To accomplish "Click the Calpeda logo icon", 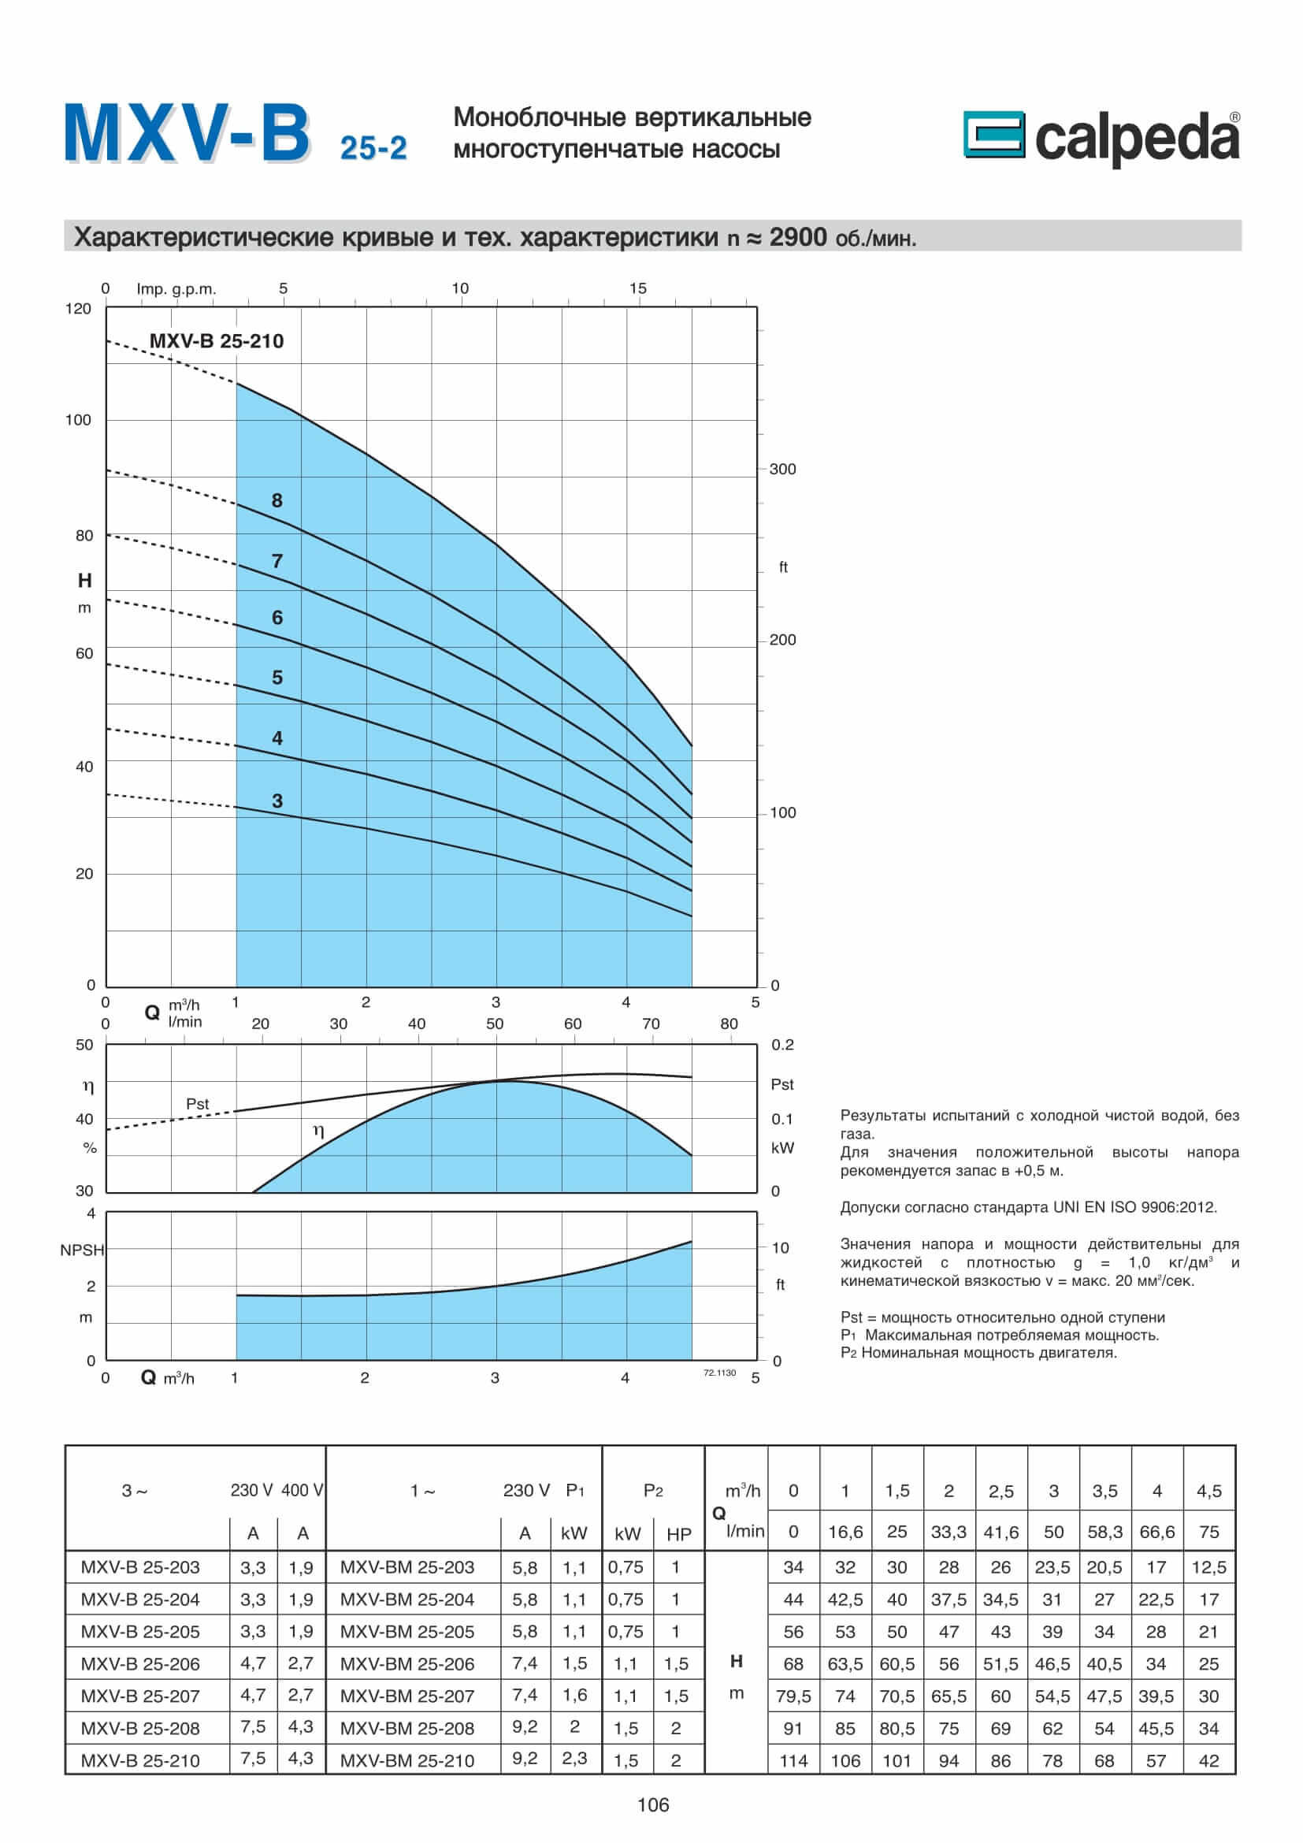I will (993, 134).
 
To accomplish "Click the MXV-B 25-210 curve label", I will (216, 341).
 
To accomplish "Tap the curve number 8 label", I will (277, 500).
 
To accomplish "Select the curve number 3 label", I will (277, 801).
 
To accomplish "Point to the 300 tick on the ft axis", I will (782, 470).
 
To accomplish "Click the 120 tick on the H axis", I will (78, 309).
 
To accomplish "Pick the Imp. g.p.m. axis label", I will (176, 289).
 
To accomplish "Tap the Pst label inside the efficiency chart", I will (198, 1105).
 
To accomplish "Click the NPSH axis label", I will (82, 1250).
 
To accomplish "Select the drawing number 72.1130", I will (719, 1373).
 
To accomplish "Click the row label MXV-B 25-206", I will (140, 1664).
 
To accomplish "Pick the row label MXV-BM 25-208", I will (406, 1728).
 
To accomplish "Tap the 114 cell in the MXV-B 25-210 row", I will (793, 1760).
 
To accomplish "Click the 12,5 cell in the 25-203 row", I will (1208, 1567).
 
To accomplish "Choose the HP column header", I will (679, 1534).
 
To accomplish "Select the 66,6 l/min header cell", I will (1156, 1532).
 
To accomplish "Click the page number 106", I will (652, 1805).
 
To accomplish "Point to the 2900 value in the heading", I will (797, 237).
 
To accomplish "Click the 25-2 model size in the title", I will (373, 148).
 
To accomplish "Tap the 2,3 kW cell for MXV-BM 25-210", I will (574, 1758).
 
